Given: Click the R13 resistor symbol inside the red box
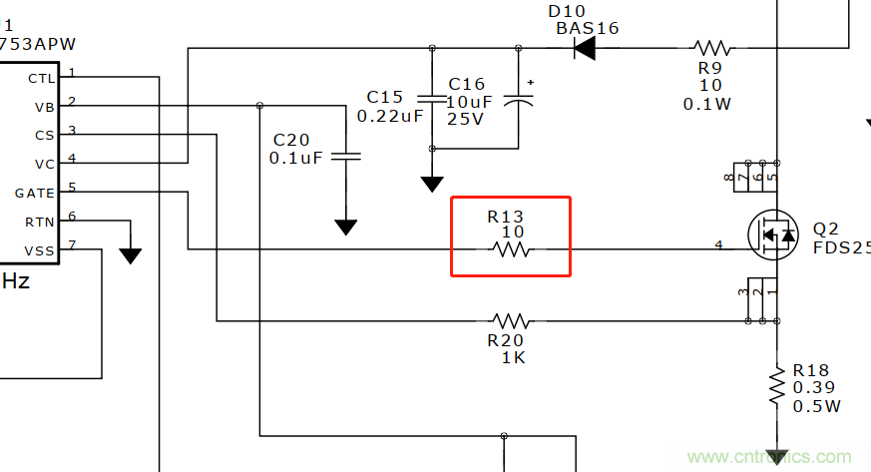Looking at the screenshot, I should point(511,249).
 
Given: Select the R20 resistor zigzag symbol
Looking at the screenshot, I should point(511,321).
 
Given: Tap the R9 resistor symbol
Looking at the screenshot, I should point(712,48).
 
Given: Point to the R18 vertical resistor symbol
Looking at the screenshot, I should point(775,384).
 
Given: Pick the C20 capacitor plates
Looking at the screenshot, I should point(345,156).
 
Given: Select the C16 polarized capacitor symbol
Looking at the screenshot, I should point(519,99).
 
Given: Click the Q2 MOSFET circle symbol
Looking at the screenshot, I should point(774,235).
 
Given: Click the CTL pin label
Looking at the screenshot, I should point(42,77).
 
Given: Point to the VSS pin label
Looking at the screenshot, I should point(41,249).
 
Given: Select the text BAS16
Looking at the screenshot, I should point(587,28).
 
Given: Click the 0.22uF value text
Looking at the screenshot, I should point(390,116).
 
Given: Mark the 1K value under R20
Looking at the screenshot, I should point(513,357).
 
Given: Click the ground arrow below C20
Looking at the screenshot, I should point(345,228).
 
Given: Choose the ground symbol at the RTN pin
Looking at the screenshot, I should point(130,255).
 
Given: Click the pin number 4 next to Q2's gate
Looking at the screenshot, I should point(718,244).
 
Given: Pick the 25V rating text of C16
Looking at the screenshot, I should point(465,118).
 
